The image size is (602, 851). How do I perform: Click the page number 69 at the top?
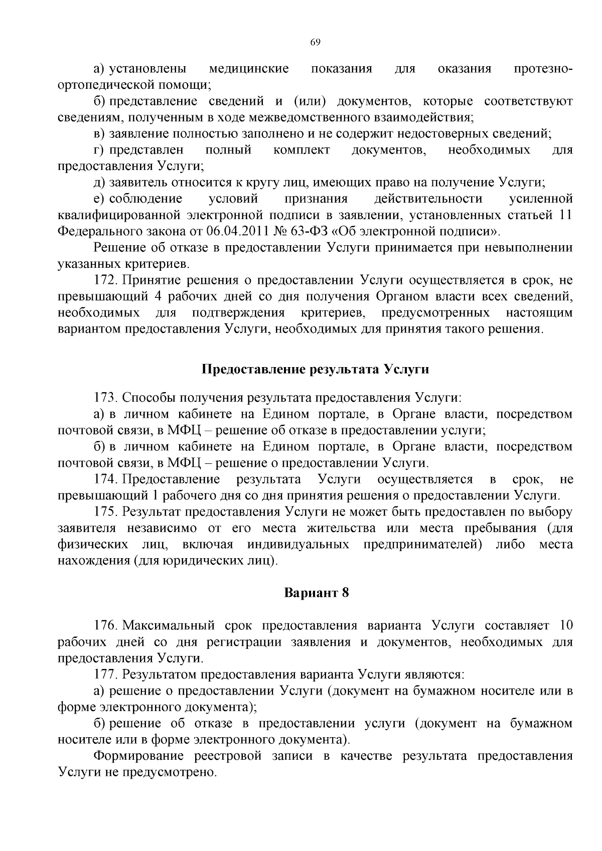point(315,42)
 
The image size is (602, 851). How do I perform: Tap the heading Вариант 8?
point(316,592)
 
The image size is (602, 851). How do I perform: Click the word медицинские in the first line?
point(248,69)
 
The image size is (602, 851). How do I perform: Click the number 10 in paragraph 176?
point(565,625)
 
